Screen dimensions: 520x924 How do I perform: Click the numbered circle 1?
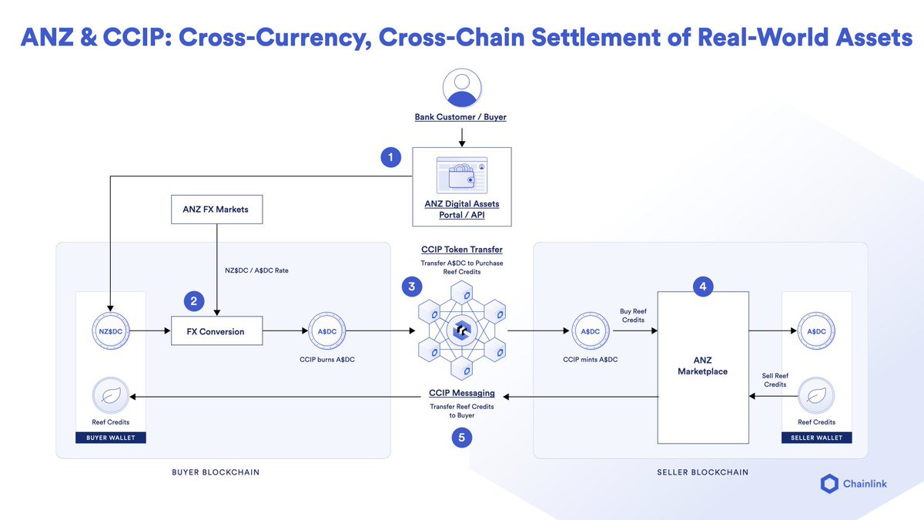[x=391, y=158]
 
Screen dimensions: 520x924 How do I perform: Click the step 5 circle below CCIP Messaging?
[x=461, y=438]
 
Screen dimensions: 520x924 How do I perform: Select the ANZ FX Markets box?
[x=216, y=209]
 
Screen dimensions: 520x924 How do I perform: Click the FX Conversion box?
[x=216, y=331]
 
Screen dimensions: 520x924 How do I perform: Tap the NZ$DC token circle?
[x=110, y=331]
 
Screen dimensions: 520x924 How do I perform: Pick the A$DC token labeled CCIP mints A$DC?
[x=591, y=331]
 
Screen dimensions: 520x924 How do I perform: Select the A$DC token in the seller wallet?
[x=816, y=331]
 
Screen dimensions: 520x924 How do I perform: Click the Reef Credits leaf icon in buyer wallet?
[x=110, y=397]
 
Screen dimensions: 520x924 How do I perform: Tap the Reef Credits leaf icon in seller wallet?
[x=816, y=397]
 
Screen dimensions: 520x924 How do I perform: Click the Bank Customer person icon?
[x=461, y=88]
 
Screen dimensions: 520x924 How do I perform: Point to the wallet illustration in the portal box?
[x=461, y=176]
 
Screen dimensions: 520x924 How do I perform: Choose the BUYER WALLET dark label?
[x=110, y=438]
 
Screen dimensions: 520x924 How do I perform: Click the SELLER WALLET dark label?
[x=816, y=438]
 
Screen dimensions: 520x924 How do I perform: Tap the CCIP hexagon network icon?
[x=461, y=331]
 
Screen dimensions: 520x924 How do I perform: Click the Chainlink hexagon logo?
[x=829, y=484]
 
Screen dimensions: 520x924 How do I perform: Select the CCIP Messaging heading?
[x=461, y=393]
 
